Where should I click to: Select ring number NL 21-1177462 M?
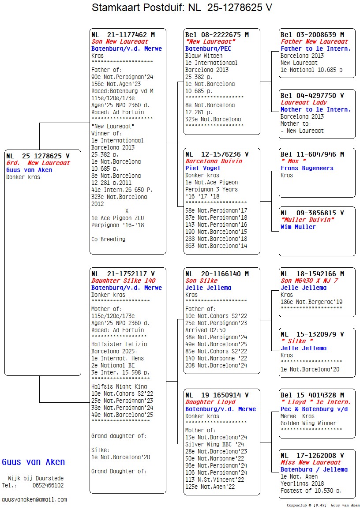click(x=123, y=35)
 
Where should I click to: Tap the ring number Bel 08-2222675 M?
click(x=217, y=35)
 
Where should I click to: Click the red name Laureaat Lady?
click(x=304, y=102)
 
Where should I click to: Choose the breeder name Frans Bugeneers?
click(x=307, y=168)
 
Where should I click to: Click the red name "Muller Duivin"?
click(x=307, y=220)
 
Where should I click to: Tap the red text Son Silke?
click(x=201, y=281)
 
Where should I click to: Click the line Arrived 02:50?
click(x=206, y=330)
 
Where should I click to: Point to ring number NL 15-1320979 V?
click(x=312, y=334)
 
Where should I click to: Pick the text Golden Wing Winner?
click(x=308, y=423)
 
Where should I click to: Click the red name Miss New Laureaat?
click(x=311, y=462)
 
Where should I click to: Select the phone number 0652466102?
click(x=48, y=485)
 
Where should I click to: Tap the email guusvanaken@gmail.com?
click(x=34, y=499)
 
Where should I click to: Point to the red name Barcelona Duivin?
click(x=214, y=161)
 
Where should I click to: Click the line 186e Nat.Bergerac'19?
click(x=311, y=302)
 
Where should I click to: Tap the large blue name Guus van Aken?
click(x=34, y=462)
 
